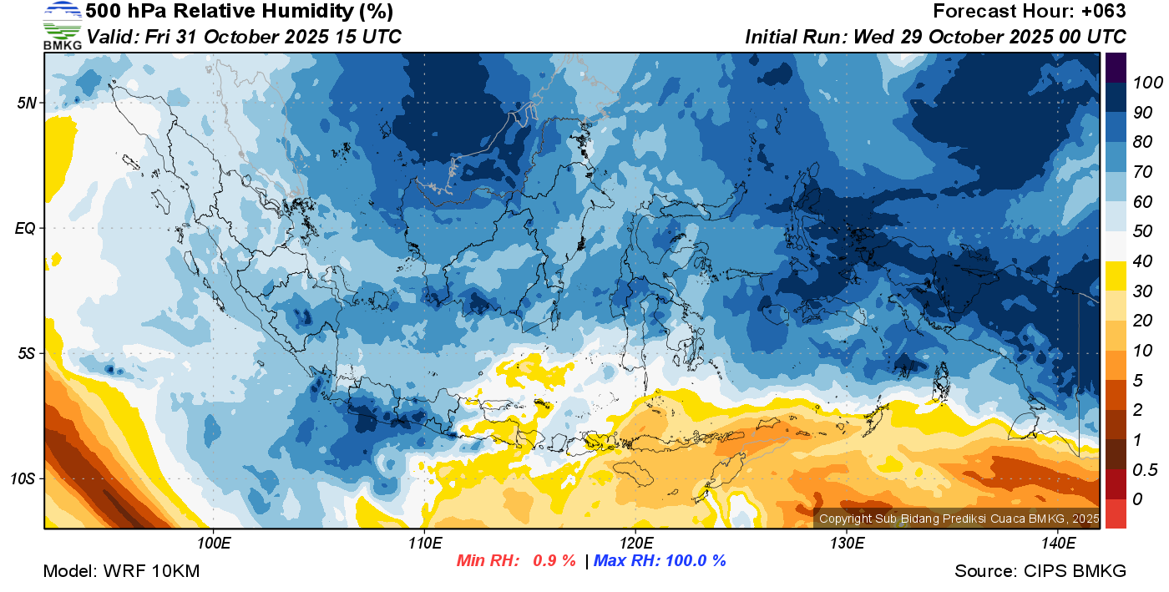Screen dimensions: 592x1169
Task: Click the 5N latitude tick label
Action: [27, 103]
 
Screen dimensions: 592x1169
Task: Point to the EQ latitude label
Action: [26, 228]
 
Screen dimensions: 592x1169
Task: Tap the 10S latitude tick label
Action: [23, 478]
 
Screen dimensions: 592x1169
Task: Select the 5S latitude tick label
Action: [27, 353]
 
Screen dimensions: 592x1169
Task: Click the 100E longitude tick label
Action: [213, 544]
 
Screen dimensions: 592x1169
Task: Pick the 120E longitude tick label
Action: [635, 544]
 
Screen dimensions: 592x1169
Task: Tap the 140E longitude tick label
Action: [1058, 544]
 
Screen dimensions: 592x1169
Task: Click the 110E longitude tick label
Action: [424, 544]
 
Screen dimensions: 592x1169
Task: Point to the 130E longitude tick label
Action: [847, 544]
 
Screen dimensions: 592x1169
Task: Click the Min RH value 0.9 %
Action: [554, 560]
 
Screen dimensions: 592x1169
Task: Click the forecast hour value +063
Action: [1104, 12]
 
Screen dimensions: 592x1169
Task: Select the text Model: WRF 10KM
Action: [121, 571]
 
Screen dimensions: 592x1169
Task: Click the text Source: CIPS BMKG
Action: [1040, 571]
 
